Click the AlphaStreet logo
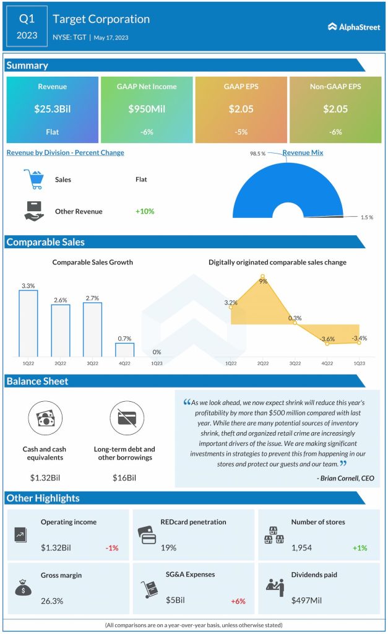coord(355,27)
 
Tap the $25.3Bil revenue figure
coord(52,109)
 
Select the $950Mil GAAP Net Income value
coord(147,109)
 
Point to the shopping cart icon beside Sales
coord(33,180)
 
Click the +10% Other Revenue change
coord(145,211)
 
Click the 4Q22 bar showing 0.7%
coord(124,349)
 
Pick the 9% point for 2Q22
coord(263,277)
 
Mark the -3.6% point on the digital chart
coord(327,344)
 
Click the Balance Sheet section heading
coord(38,381)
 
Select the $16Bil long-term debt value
coord(125,477)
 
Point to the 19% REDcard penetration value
coord(168,547)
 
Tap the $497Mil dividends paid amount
coord(308,601)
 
